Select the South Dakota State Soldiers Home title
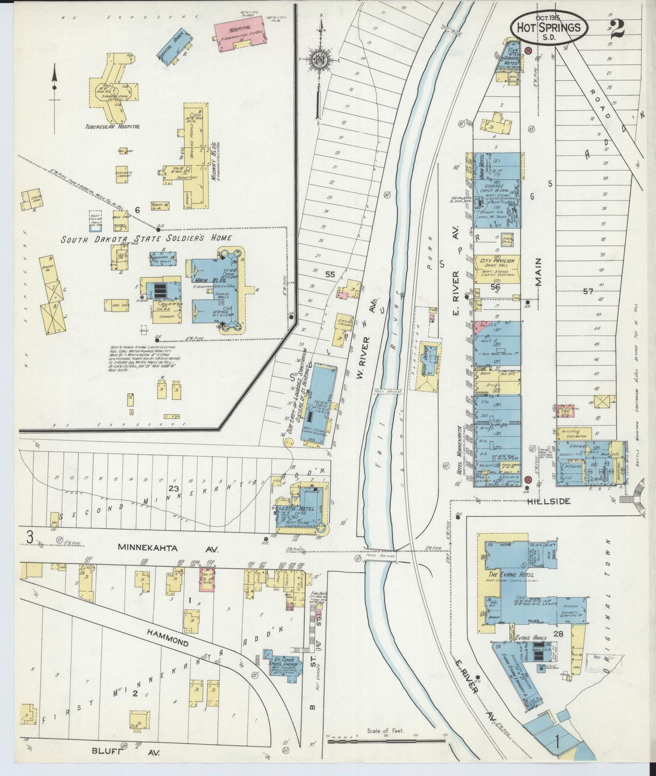click(x=146, y=238)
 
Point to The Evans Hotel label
click(x=512, y=575)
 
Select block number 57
click(x=588, y=292)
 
